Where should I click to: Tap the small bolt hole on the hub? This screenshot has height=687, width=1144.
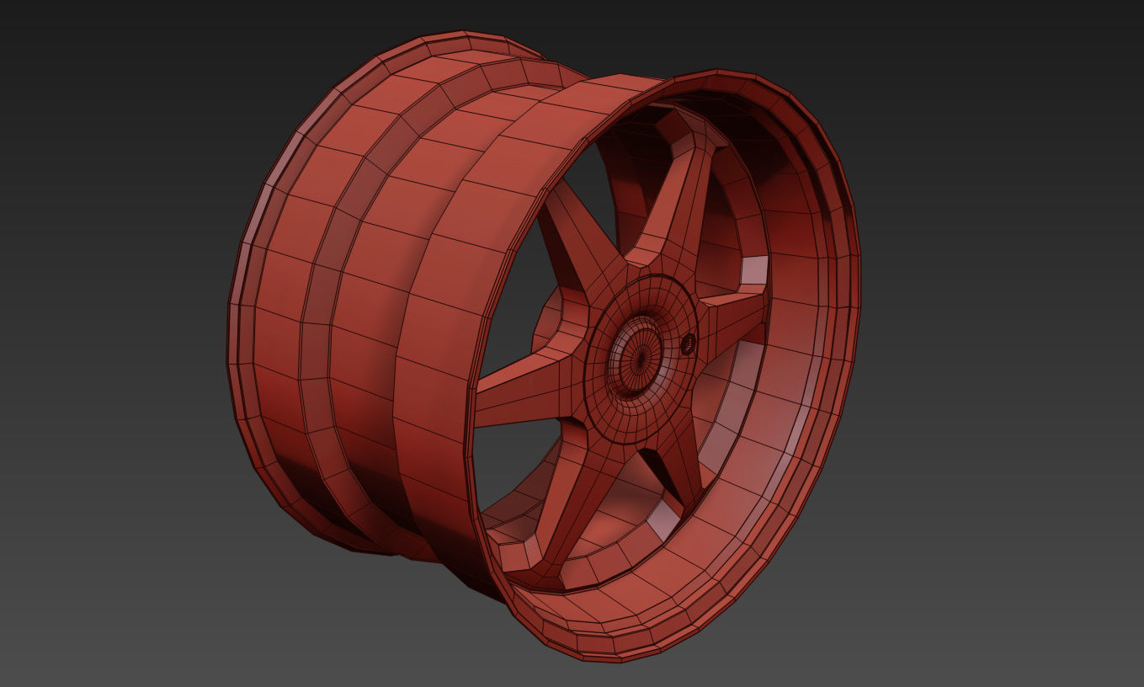coord(688,342)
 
